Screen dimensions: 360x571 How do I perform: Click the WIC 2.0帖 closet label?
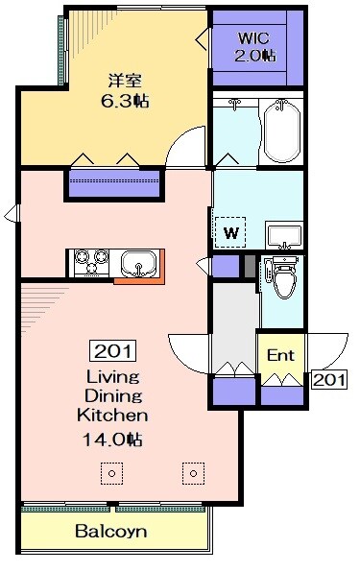254,47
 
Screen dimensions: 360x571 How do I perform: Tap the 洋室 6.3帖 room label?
125,90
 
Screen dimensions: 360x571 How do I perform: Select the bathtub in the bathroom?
282,131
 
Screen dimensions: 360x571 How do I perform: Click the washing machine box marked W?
230,232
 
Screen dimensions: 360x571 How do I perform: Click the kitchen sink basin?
139,264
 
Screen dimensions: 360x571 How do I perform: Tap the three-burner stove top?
91,261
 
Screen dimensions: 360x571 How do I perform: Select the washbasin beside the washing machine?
284,236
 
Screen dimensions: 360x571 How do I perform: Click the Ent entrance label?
280,355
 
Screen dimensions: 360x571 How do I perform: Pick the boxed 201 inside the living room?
112,350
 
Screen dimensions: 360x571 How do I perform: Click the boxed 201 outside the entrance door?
328,380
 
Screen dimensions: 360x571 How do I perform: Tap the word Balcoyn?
111,532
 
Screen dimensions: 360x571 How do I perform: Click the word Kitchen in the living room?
112,416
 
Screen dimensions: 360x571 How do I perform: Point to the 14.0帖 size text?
112,440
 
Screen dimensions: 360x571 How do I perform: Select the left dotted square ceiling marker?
112,473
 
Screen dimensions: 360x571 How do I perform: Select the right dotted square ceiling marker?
194,473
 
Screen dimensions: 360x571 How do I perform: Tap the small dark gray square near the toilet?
250,266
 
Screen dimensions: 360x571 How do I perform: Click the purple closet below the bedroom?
114,184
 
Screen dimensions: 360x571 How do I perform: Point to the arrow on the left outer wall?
11,213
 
